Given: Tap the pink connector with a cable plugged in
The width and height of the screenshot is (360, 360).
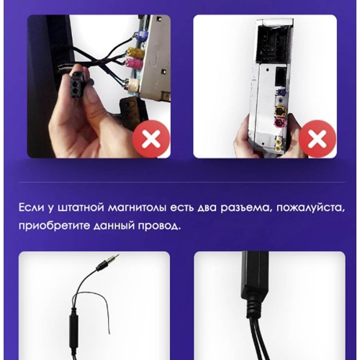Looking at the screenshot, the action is tap(134, 63).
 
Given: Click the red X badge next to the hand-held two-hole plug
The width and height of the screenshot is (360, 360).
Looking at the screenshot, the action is tap(151, 139).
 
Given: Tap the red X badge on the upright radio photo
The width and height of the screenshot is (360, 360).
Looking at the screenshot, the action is tap(318, 139).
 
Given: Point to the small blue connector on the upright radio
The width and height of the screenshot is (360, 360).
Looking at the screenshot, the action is tap(280, 92).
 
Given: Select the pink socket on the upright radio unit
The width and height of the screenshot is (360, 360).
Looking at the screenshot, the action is tap(281, 125).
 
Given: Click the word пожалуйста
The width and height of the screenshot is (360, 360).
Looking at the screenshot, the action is tap(310, 208).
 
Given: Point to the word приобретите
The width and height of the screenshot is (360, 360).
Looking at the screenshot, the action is tap(54, 226).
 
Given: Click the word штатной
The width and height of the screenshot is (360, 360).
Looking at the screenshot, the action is tap(80, 208).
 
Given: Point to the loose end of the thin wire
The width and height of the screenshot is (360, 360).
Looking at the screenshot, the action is tap(109, 333).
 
